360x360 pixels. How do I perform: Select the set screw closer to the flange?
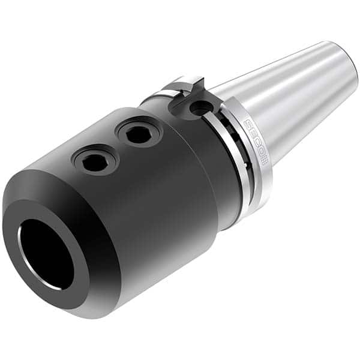[x=136, y=133]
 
